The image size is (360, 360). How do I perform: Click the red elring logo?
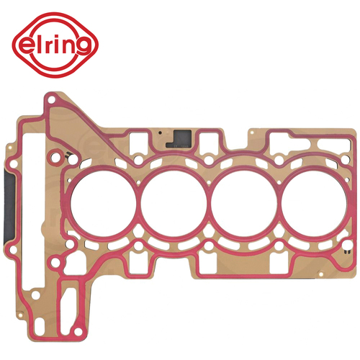(55, 45)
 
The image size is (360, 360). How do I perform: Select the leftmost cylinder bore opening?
(104, 204)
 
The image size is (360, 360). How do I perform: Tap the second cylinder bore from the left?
(174, 204)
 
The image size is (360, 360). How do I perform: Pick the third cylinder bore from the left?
(244, 204)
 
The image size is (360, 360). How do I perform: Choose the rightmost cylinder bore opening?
(315, 204)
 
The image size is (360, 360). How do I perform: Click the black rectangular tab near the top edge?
(179, 138)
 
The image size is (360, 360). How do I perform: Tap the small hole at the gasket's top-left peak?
(50, 99)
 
